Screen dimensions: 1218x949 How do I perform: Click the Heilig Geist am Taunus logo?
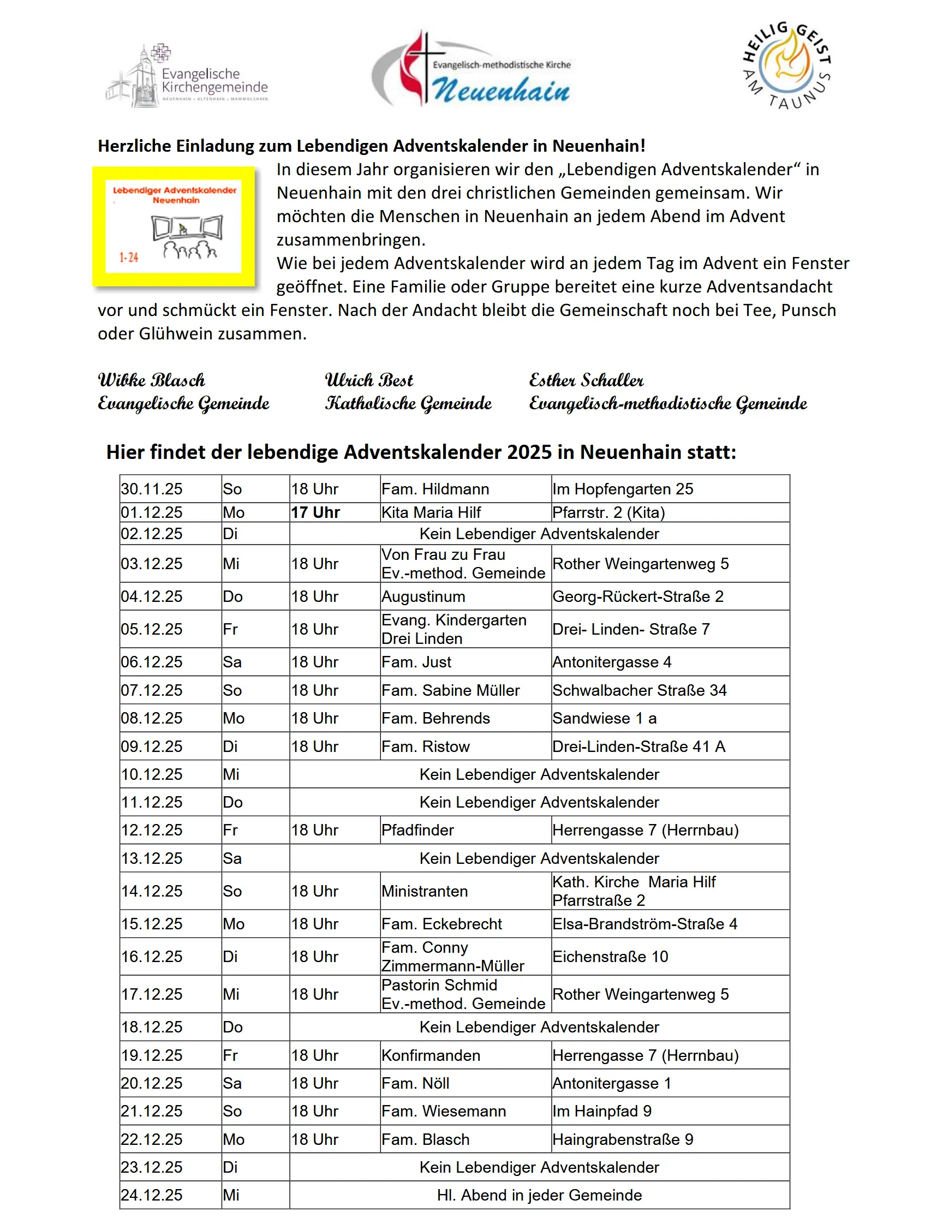[787, 66]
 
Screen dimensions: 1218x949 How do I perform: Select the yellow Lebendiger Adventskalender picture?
[174, 226]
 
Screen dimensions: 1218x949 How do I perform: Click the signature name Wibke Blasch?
[152, 380]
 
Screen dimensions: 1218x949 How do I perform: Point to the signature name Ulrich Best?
[369, 380]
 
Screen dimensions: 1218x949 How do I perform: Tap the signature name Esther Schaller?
[586, 380]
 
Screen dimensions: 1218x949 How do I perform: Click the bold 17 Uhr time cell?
[315, 512]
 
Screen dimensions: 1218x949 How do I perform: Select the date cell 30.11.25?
[152, 489]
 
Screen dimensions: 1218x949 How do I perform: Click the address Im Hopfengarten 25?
[623, 489]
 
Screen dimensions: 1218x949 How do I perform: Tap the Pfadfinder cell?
[417, 830]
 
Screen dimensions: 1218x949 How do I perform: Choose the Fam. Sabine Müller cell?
[451, 690]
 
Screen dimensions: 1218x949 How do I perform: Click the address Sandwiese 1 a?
[605, 718]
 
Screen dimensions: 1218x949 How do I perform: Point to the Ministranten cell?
[425, 891]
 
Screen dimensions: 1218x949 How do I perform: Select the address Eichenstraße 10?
[610, 957]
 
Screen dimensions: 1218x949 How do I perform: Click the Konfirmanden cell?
[431, 1055]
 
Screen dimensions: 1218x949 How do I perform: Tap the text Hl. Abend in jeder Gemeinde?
[539, 1195]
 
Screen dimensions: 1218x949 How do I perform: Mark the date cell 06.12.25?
[152, 662]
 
